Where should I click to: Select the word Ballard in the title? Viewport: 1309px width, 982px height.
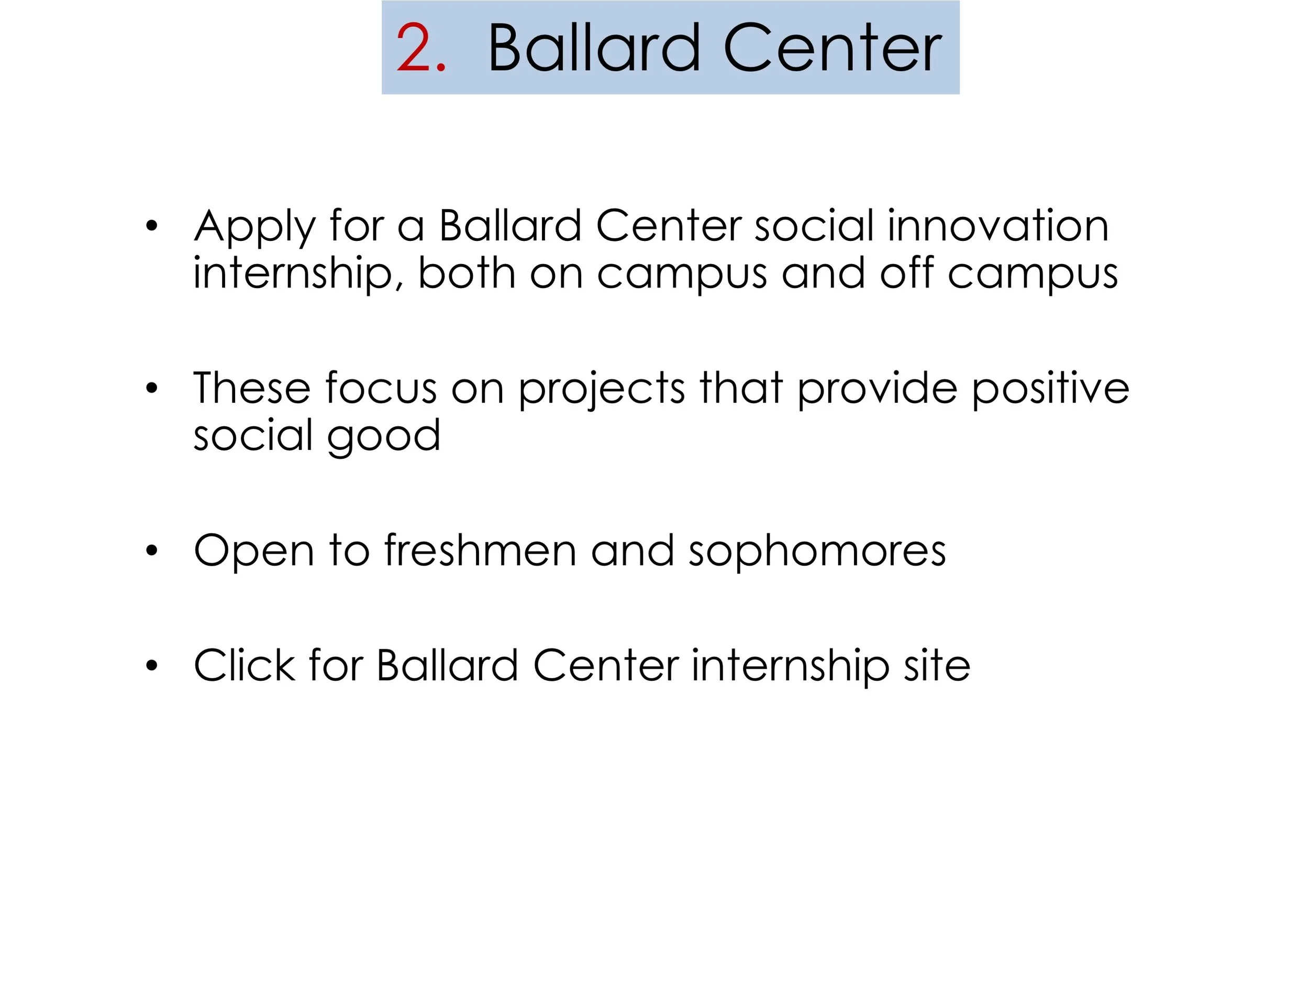click(x=594, y=48)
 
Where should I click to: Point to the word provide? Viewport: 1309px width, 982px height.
click(x=877, y=390)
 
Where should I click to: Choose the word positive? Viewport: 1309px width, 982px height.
click(x=1050, y=390)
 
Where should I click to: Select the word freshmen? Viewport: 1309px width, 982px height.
click(x=480, y=550)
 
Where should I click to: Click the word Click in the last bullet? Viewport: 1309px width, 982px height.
click(x=245, y=665)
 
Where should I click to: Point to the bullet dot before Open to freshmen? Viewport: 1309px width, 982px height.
click(x=152, y=551)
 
